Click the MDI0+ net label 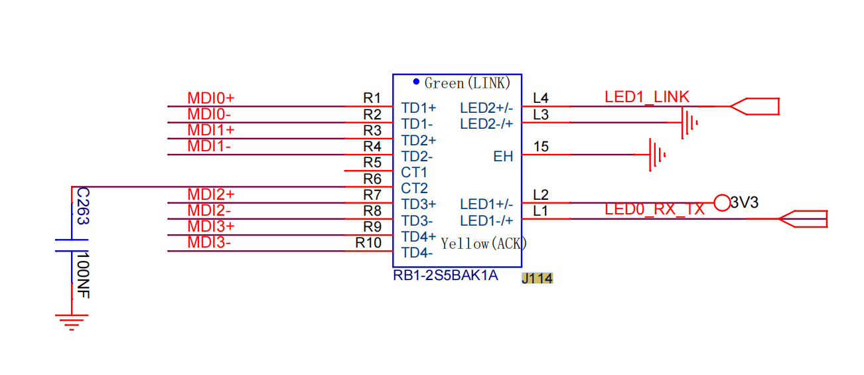[x=210, y=98]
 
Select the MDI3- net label [x=208, y=242]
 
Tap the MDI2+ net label [x=210, y=194]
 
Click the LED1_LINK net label [x=647, y=97]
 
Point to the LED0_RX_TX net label [x=654, y=209]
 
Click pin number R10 [x=368, y=243]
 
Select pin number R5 [x=372, y=163]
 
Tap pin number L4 [x=541, y=98]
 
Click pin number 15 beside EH [x=541, y=147]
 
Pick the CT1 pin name [x=414, y=172]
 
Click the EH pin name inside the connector [x=503, y=156]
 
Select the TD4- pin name [x=417, y=253]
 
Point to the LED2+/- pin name [x=486, y=108]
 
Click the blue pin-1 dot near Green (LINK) [x=416, y=82]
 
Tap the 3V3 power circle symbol [x=722, y=202]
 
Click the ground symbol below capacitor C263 [x=72, y=322]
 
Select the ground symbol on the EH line [x=657, y=155]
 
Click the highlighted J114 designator [x=538, y=278]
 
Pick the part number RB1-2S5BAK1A [x=445, y=275]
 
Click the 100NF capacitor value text [x=84, y=275]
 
